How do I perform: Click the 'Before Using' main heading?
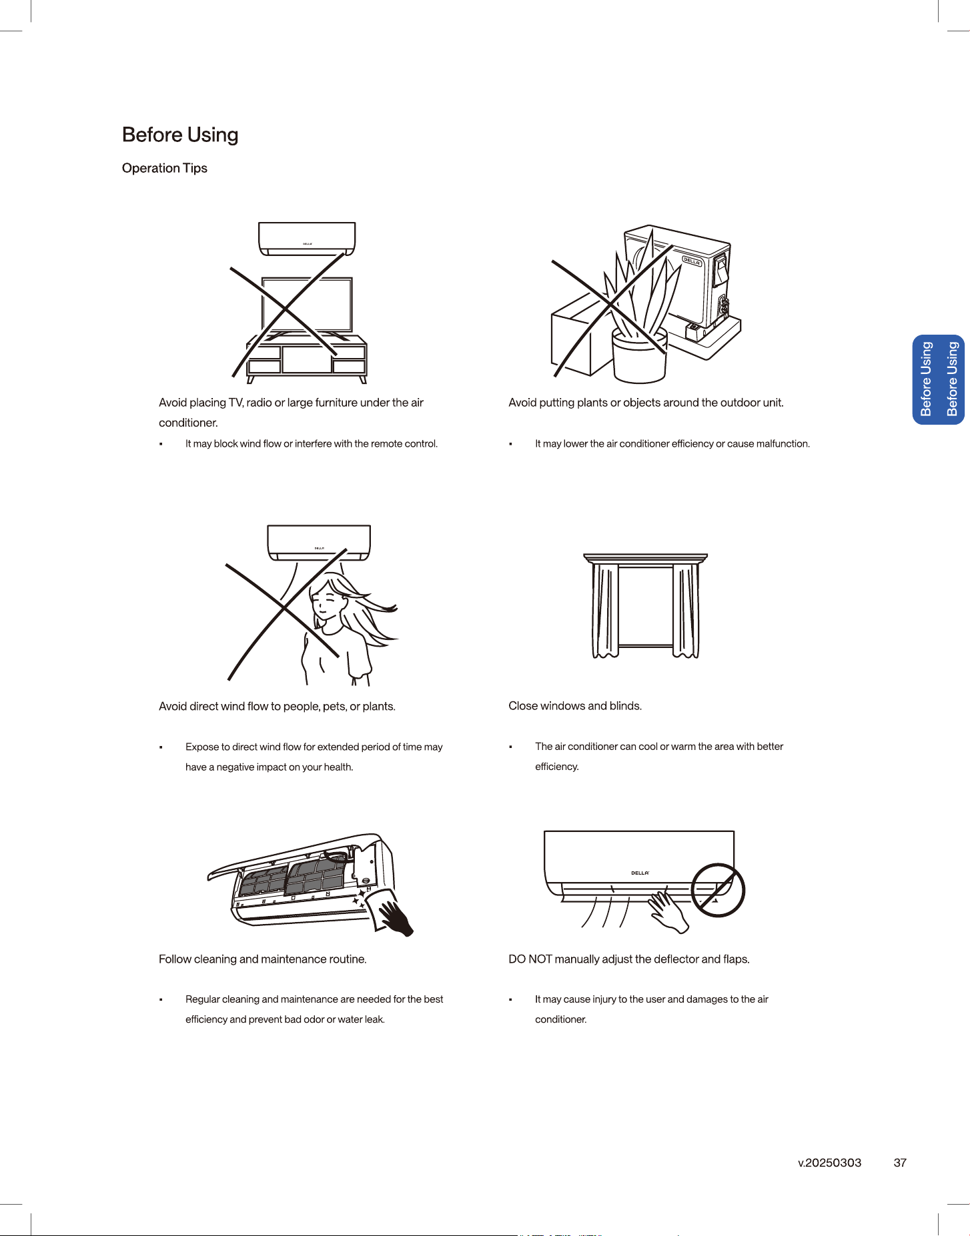click(180, 135)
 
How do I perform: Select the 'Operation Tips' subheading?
click(165, 168)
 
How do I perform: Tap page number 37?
click(900, 1163)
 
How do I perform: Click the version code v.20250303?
click(830, 1163)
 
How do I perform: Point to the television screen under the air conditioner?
click(307, 304)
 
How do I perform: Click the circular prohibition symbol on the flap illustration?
click(717, 890)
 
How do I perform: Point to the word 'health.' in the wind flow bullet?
click(338, 767)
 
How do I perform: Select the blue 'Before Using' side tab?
click(939, 379)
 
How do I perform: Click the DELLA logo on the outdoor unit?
click(692, 261)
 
